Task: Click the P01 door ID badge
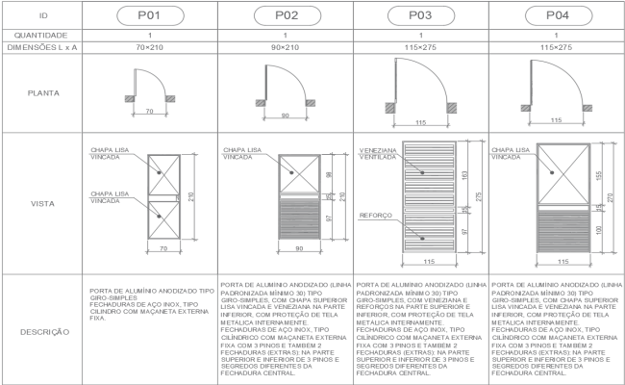[x=148, y=15]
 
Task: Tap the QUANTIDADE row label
[x=41, y=34]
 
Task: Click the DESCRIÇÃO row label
[x=41, y=332]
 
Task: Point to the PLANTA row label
[x=41, y=94]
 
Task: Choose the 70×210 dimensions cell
[x=148, y=46]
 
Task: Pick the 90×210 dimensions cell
[x=286, y=46]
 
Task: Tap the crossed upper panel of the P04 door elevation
[x=558, y=173]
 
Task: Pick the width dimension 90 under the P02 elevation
[x=286, y=249]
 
